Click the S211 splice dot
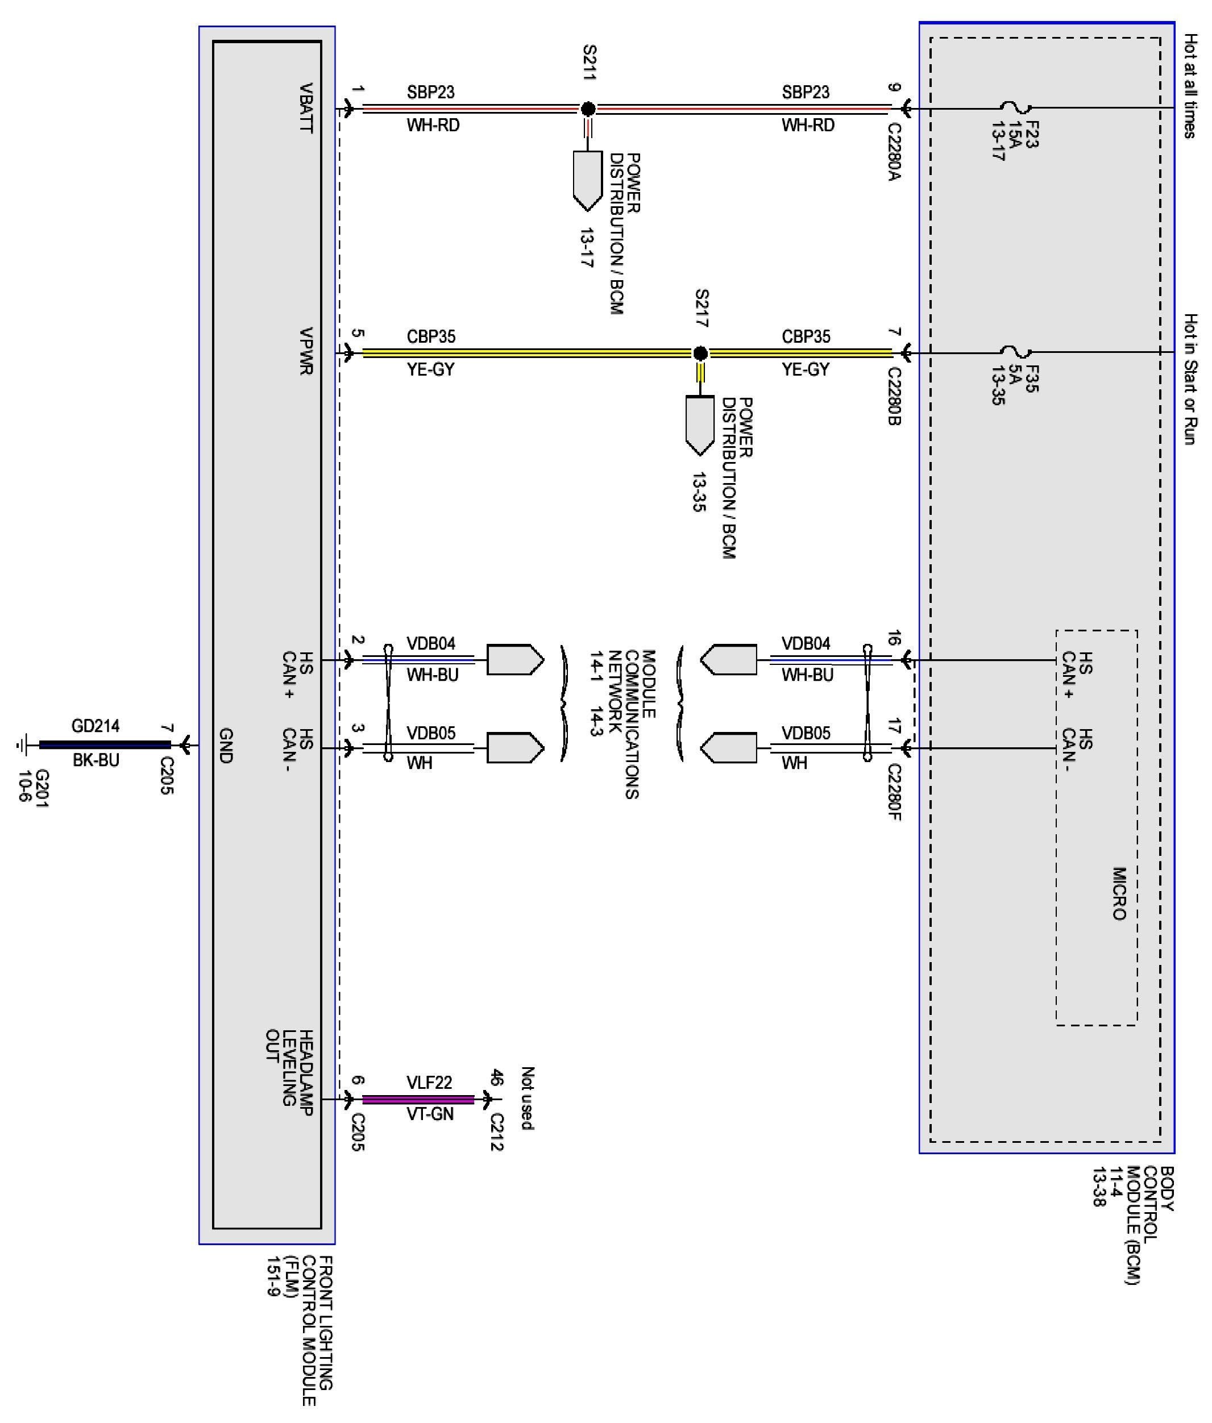[588, 109]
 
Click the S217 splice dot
[700, 353]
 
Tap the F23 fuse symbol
[1015, 107]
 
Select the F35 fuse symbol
[1015, 352]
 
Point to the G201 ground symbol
[23, 744]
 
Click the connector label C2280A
[894, 152]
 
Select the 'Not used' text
[527, 1098]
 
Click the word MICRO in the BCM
[1119, 893]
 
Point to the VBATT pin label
[306, 108]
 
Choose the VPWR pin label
[306, 351]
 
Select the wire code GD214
[96, 726]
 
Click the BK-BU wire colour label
[96, 760]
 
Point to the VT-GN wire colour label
[430, 1114]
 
